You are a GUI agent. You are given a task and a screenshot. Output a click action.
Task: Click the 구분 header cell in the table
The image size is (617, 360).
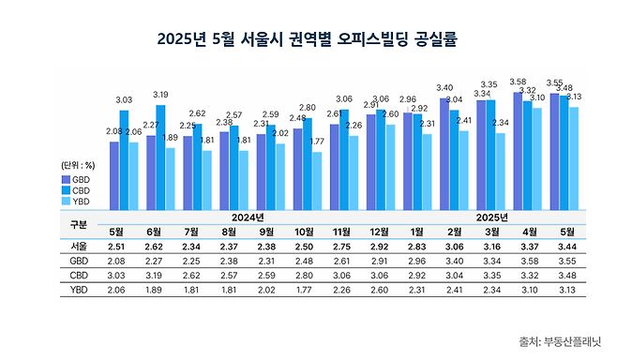(x=79, y=224)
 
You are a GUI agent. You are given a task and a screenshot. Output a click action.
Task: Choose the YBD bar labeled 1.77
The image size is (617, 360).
(x=316, y=179)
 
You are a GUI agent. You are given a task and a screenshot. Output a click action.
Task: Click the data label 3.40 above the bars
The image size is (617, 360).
(x=444, y=87)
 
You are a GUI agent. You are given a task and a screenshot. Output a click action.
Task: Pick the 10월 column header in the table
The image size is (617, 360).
(x=304, y=232)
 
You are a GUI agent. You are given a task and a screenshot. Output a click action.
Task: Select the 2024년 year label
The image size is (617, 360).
(x=248, y=217)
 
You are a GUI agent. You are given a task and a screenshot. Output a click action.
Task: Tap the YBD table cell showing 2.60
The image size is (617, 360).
(x=378, y=291)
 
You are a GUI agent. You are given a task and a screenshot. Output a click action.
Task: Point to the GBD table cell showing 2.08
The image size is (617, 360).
(x=117, y=262)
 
